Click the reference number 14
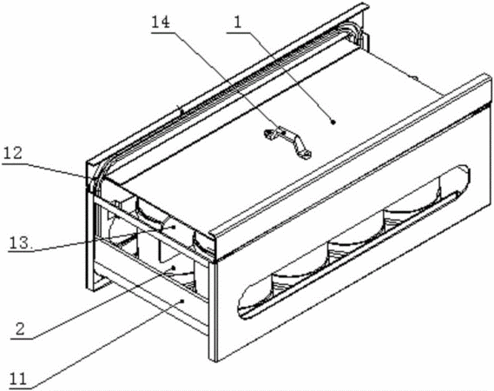point(161,22)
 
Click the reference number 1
point(238,23)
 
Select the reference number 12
point(13,154)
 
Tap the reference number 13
point(20,242)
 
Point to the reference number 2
point(20,329)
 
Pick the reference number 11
point(18,378)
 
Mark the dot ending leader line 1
point(333,121)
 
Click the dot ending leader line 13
point(173,227)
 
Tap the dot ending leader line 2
point(173,268)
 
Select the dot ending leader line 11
point(182,302)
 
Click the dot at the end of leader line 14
point(285,133)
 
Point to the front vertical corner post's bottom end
point(213,360)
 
